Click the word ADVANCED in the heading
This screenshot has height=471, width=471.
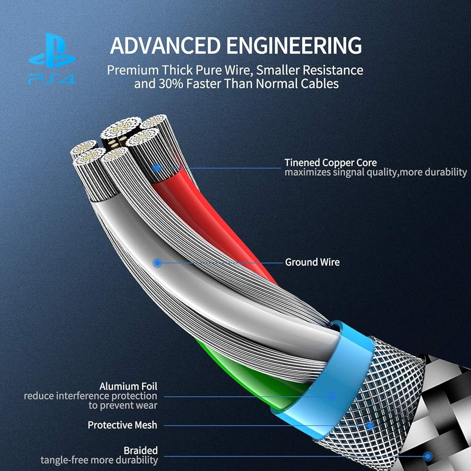click(x=165, y=46)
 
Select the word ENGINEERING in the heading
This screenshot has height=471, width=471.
click(x=294, y=46)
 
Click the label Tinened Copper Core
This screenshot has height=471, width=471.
click(x=331, y=163)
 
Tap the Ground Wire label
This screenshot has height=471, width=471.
click(x=312, y=262)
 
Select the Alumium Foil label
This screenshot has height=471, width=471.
click(x=128, y=386)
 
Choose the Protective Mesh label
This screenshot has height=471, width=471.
click(x=122, y=425)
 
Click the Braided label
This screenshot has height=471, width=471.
click(x=140, y=450)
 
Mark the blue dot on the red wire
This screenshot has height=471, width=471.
click(x=157, y=168)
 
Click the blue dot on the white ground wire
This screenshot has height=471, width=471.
click(x=158, y=263)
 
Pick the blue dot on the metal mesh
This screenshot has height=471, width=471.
click(x=370, y=426)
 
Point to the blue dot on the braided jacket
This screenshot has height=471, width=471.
click(x=428, y=455)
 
